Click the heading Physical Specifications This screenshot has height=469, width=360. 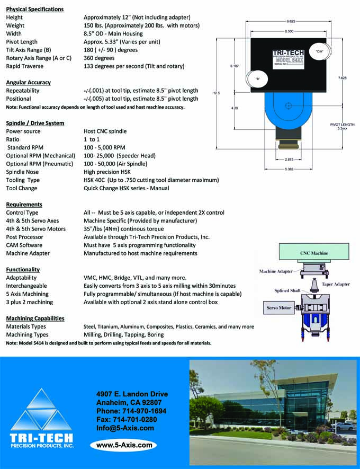(34, 9)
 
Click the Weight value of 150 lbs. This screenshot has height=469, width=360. (141, 25)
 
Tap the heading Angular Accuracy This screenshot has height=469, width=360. (28, 83)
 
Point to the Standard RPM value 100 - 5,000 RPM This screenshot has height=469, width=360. (104, 147)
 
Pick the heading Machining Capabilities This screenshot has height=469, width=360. (35, 318)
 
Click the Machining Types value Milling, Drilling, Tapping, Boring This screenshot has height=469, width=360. (123, 335)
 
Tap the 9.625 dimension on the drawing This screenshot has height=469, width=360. (289, 21)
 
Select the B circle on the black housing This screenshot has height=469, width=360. (258, 79)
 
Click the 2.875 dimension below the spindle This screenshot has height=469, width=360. (289, 159)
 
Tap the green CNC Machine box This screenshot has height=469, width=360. (314, 253)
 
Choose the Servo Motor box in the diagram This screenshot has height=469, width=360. (278, 308)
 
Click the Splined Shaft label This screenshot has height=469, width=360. (287, 291)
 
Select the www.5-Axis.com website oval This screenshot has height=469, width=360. (124, 445)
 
